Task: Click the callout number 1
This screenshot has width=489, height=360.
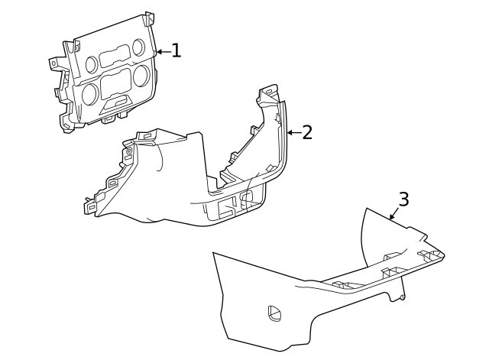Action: (176, 51)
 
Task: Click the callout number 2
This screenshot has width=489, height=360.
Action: (307, 132)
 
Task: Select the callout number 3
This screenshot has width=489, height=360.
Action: (403, 199)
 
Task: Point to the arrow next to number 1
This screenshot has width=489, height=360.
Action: (162, 52)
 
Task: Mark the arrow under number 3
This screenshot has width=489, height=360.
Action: (393, 215)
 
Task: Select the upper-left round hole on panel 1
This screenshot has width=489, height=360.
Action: (92, 62)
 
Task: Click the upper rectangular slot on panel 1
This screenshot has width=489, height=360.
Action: (115, 55)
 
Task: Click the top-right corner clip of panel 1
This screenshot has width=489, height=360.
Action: (148, 18)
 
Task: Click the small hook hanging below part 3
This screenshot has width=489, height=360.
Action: (397, 295)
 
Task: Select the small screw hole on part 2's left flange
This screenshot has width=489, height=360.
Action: (128, 152)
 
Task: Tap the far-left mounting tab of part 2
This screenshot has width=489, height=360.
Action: (90, 205)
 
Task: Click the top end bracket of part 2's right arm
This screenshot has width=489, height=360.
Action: (268, 95)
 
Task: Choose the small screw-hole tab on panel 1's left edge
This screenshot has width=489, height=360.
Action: (55, 62)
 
